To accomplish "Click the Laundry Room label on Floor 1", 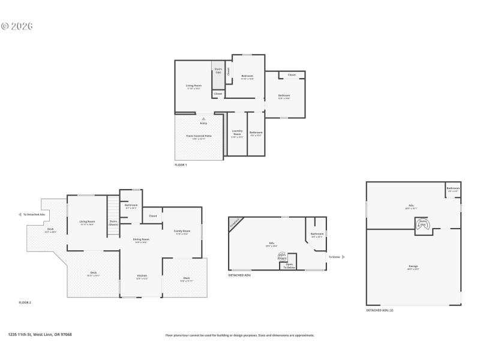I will click(x=237, y=133).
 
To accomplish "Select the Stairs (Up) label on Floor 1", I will click(x=218, y=70).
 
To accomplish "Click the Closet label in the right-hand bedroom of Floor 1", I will click(x=292, y=75).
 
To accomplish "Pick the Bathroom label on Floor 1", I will click(x=256, y=133).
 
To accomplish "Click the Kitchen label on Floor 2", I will click(x=141, y=277).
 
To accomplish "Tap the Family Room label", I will click(x=182, y=232).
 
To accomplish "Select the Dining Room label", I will click(x=141, y=240).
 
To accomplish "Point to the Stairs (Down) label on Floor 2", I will click(x=113, y=223).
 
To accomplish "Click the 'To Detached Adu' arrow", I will click(x=21, y=214).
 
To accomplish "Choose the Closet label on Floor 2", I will click(x=153, y=216).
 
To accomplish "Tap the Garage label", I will click(x=413, y=266).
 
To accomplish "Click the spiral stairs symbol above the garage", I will click(x=422, y=223).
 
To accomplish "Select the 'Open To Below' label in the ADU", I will click(x=289, y=266).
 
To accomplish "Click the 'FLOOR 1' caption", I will click(x=181, y=164).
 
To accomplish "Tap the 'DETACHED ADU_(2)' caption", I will click(x=380, y=310).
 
